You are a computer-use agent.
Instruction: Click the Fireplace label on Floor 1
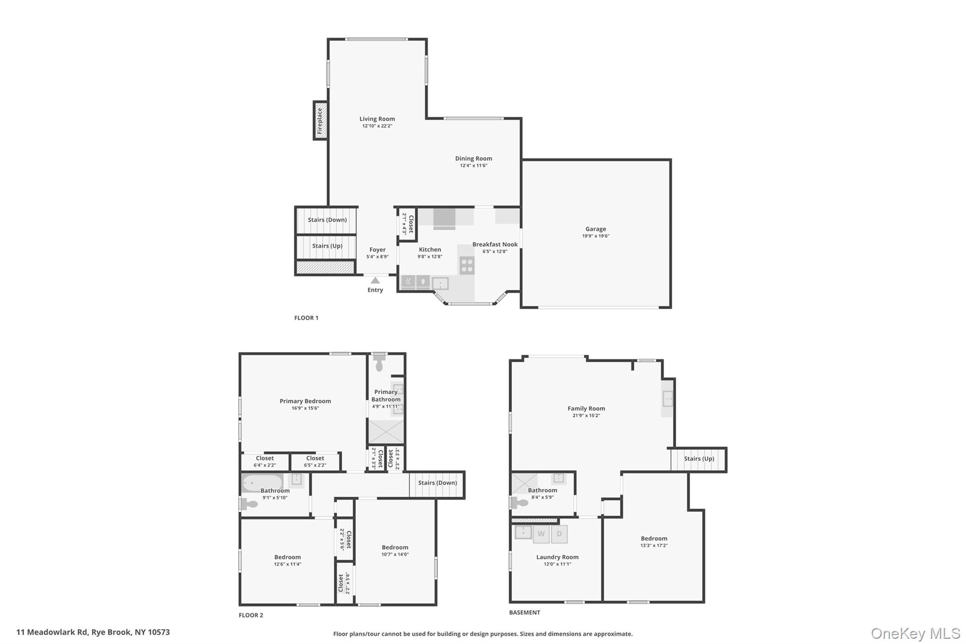[x=320, y=121]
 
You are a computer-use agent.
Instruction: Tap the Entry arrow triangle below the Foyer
[x=375, y=280]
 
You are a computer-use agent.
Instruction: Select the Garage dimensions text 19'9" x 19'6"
[x=596, y=236]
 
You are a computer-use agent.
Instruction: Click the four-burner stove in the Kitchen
[x=467, y=265]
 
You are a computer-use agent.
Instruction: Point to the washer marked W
[x=541, y=534]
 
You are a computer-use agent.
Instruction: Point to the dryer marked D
[x=559, y=534]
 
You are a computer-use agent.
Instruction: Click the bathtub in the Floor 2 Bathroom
[x=262, y=483]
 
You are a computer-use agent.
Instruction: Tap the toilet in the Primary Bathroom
[x=379, y=364]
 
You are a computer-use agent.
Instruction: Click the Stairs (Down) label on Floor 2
[x=437, y=483]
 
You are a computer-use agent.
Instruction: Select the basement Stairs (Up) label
[x=699, y=459]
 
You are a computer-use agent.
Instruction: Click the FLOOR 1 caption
[x=306, y=318]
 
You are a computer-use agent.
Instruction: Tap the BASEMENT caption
[x=525, y=612]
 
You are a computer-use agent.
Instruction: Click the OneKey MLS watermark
[x=915, y=633]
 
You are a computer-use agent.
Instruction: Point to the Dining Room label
[x=474, y=159]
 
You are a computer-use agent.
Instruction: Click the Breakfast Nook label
[x=495, y=244]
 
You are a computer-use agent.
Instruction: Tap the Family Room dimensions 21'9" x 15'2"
[x=586, y=416]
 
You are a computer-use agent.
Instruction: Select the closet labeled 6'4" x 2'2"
[x=265, y=461]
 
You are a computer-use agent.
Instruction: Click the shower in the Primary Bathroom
[x=386, y=432]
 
